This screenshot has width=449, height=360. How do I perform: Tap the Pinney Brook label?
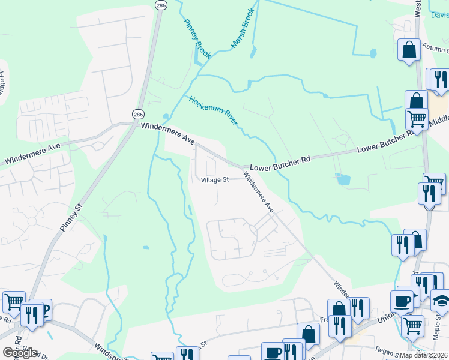click(x=197, y=37)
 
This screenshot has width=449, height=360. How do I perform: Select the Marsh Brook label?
click(x=243, y=28)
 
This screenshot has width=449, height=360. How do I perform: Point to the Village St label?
click(x=214, y=179)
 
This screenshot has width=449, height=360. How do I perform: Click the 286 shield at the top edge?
click(x=160, y=4)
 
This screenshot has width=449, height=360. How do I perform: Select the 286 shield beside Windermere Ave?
click(x=138, y=113)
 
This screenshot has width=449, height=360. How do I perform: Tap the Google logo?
click(x=20, y=352)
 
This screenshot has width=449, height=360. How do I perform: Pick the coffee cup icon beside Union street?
click(x=401, y=300)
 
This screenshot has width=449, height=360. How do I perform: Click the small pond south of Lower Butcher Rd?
click(x=343, y=179)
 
